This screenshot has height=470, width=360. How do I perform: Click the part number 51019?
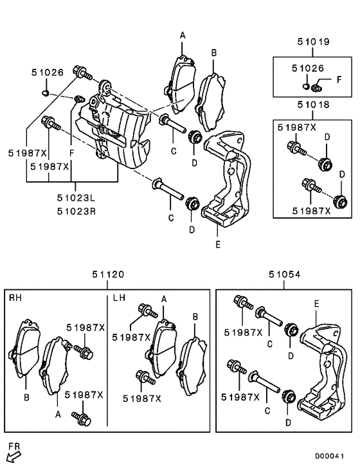[313, 42]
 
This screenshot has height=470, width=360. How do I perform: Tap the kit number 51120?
[107, 275]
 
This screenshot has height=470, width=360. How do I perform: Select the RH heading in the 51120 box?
[15, 298]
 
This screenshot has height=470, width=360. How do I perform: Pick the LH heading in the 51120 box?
[119, 298]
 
